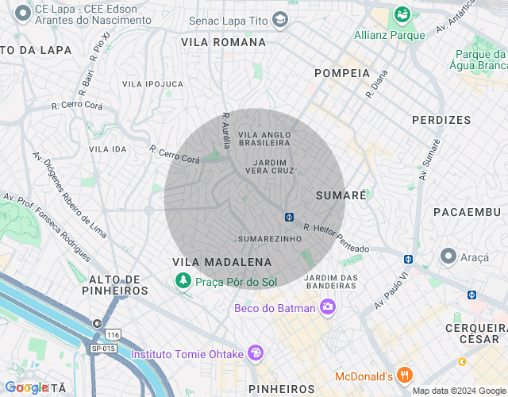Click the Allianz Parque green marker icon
[x=402, y=15]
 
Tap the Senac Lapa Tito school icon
[x=279, y=18]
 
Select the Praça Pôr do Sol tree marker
[x=183, y=280]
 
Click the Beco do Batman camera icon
[x=327, y=306]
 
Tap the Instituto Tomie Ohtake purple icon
[x=255, y=353]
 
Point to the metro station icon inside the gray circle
[x=291, y=217]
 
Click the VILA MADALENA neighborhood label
[x=222, y=262]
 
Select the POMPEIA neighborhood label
[x=342, y=73]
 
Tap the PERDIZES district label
[x=441, y=120]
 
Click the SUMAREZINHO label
[x=270, y=238]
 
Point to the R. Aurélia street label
[x=226, y=130]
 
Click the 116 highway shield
[x=116, y=336]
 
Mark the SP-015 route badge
[x=102, y=349]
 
